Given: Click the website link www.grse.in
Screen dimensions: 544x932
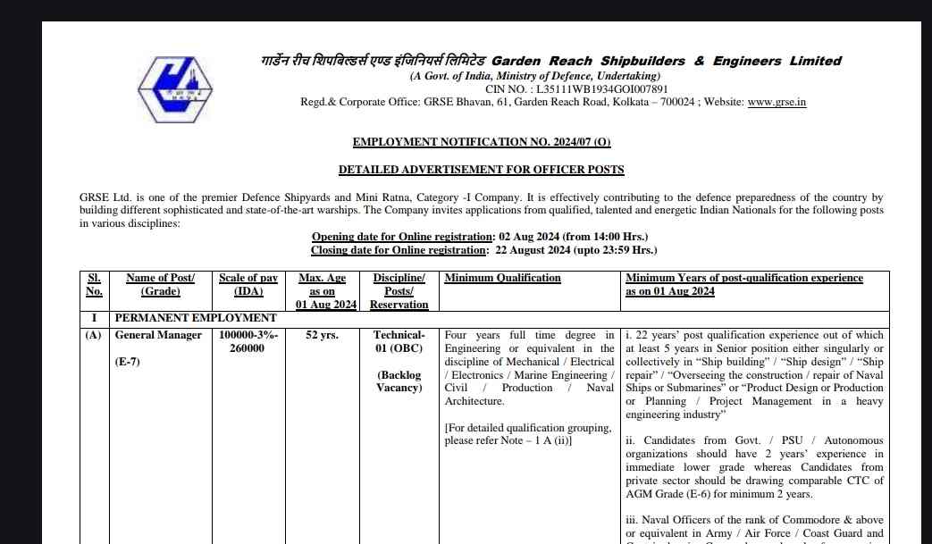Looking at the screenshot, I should (777, 103).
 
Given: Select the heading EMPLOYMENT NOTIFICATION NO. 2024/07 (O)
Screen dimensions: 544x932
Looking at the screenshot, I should (482, 142).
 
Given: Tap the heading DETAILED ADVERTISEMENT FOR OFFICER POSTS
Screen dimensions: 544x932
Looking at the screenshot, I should (481, 170).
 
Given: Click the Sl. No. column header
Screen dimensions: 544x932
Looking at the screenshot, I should (94, 284).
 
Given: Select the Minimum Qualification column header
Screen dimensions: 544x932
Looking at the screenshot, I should (503, 278).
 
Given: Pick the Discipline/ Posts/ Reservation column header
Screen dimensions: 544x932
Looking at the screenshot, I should (399, 291).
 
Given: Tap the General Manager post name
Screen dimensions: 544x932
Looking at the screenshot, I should (158, 336).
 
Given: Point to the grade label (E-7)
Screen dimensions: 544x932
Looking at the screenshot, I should (128, 362).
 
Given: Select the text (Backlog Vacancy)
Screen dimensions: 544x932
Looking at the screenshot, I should (399, 381).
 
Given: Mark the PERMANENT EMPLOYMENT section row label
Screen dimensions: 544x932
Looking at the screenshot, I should (196, 318).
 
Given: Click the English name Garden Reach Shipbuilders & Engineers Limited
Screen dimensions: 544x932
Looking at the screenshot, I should (667, 61).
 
